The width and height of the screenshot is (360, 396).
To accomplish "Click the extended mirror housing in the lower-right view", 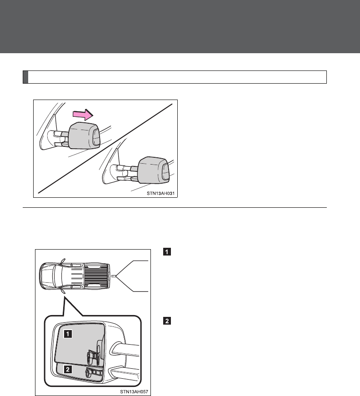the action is (x=153, y=170).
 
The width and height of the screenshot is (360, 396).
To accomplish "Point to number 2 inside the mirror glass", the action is (x=67, y=370).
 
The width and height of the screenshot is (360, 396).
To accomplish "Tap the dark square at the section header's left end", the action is (x=25, y=77).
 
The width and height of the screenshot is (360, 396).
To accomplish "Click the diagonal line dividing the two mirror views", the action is (x=105, y=148).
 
